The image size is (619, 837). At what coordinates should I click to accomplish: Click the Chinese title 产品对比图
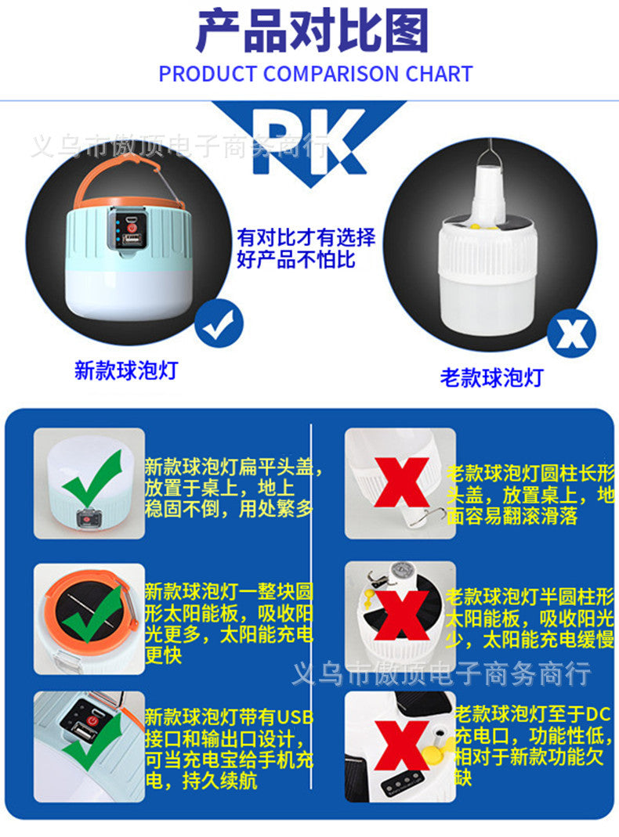click(312, 33)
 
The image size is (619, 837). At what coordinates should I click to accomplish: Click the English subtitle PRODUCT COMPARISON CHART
click(315, 74)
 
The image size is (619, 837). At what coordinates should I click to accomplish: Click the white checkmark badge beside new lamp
click(219, 326)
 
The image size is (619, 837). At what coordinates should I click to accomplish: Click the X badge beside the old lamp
click(570, 334)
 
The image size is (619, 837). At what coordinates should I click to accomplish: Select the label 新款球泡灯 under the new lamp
click(126, 370)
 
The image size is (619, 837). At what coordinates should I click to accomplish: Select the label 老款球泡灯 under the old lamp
click(491, 378)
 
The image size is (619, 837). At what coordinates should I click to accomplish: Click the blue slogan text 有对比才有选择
click(306, 237)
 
